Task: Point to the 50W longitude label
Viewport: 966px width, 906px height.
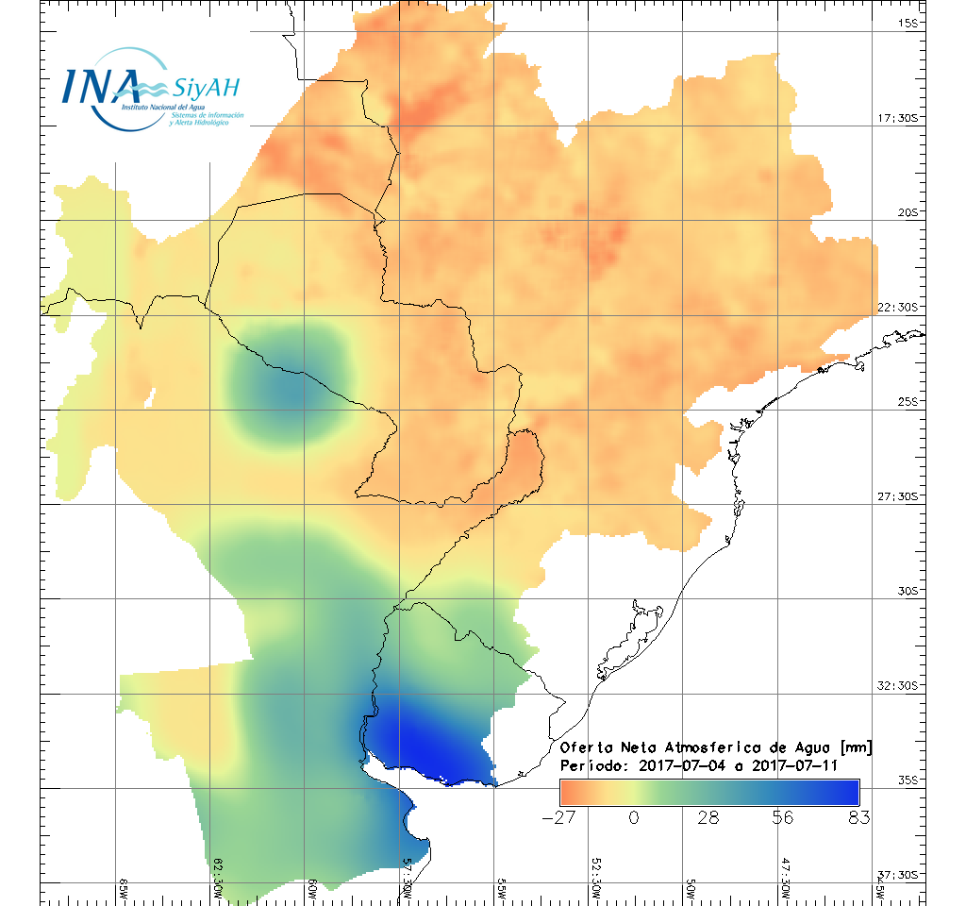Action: (x=691, y=889)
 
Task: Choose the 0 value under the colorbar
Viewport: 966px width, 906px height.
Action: (x=634, y=818)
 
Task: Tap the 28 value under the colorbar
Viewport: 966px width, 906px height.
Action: (x=708, y=818)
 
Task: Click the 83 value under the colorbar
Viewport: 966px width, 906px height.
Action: (x=858, y=818)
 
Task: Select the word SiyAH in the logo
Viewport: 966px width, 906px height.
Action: (x=206, y=89)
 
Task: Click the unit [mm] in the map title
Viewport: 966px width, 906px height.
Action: (x=855, y=747)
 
